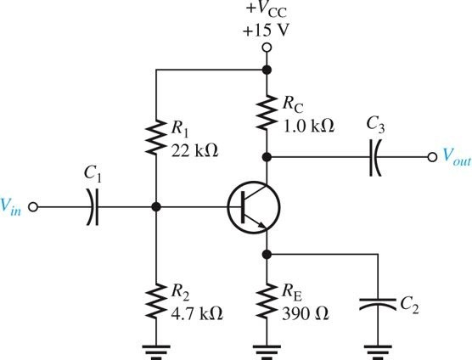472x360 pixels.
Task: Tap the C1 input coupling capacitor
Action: (x=93, y=206)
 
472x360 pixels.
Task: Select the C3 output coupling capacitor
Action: (x=373, y=156)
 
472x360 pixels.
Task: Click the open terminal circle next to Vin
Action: (x=34, y=206)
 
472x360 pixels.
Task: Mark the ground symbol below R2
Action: (x=155, y=347)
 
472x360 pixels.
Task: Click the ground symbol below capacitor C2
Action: (x=376, y=347)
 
